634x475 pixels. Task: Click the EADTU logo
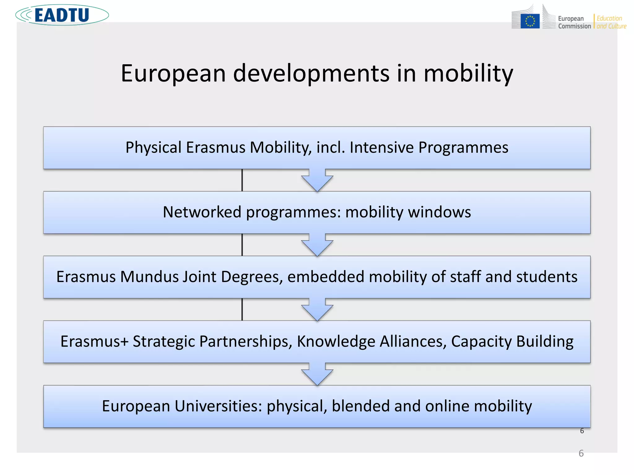point(62,15)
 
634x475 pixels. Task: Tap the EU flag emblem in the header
point(530,21)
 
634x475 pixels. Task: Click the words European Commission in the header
point(574,22)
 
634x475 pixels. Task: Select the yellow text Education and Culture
point(611,22)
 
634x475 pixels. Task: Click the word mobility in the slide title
point(468,74)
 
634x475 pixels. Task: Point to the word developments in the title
point(311,74)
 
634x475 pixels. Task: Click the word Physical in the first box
point(153,148)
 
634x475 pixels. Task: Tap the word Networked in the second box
point(202,212)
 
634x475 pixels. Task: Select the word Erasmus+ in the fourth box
point(94,341)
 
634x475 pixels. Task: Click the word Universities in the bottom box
point(219,406)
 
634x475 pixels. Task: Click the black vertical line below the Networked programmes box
point(242,245)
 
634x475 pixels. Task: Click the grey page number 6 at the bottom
point(581,453)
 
